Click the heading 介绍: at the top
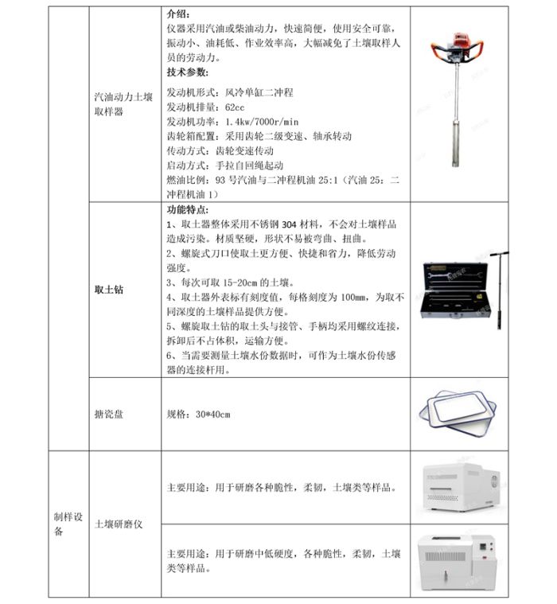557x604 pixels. click(179, 14)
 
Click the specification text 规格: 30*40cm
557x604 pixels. click(198, 415)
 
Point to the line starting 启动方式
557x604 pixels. click(227, 166)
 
